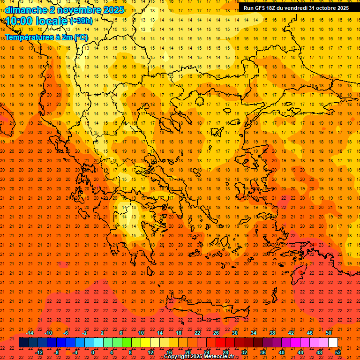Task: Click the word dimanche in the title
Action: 26,10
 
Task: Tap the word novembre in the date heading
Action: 77,10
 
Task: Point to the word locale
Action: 52,21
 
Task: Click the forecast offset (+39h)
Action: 81,21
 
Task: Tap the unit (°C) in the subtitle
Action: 81,37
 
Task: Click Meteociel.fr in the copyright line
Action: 219,357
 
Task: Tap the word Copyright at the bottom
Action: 177,357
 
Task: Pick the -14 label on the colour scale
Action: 30,333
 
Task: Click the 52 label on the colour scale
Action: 338,352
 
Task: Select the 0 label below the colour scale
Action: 93,352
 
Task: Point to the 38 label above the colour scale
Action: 272,333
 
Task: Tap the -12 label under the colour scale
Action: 39,352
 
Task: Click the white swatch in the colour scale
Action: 333,343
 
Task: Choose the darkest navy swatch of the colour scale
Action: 24,343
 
